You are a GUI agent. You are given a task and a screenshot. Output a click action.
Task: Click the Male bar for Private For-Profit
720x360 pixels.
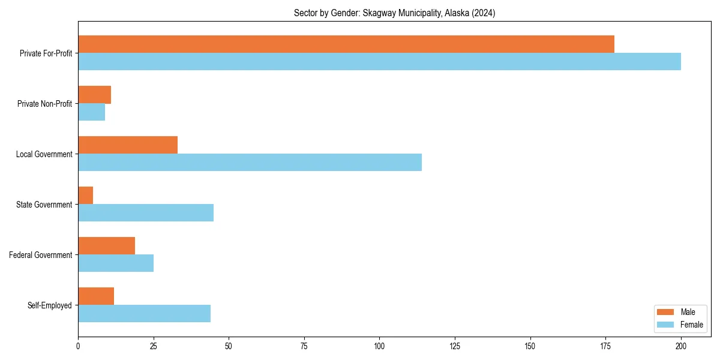point(346,44)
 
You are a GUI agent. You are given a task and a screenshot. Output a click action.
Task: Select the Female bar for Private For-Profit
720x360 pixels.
point(379,62)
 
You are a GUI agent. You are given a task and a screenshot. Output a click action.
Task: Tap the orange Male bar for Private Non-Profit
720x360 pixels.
point(94,95)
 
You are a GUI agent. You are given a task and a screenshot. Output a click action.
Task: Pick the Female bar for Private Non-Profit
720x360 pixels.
point(91,112)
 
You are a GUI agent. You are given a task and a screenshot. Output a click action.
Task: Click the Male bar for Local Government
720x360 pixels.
point(128,145)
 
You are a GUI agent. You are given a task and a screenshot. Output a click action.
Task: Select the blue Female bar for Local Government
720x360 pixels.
point(250,163)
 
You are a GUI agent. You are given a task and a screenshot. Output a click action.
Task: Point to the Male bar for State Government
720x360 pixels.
point(85,196)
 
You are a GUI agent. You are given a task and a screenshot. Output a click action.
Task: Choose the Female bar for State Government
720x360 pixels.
point(146,213)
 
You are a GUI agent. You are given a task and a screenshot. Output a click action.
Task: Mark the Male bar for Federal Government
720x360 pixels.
point(106,246)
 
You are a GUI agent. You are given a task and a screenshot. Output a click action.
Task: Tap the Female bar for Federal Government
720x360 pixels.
point(116,263)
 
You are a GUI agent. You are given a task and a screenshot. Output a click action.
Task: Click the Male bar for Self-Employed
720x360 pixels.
point(96,296)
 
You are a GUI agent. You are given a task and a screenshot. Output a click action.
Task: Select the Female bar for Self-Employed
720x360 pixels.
point(144,314)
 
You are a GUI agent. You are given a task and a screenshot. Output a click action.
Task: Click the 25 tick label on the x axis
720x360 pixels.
point(153,346)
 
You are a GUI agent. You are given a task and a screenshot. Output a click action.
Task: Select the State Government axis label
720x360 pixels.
point(44,205)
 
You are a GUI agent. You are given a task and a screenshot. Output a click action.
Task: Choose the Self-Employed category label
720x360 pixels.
point(49,305)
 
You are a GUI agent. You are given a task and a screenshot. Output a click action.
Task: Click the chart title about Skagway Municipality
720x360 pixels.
point(394,13)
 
